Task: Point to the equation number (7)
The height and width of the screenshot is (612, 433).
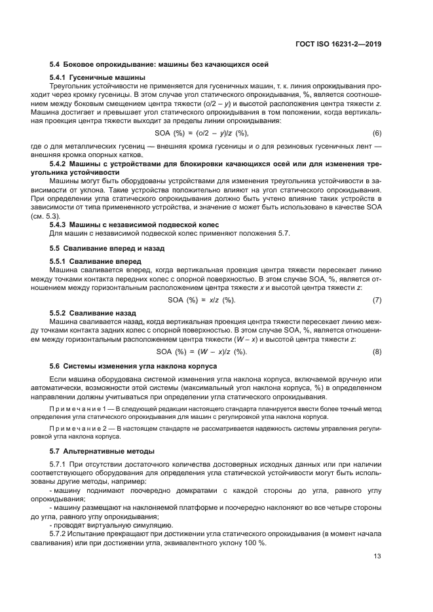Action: point(377,300)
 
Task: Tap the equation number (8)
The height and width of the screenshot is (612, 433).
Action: point(377,351)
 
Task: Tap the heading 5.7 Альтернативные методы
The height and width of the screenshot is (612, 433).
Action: point(102,451)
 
